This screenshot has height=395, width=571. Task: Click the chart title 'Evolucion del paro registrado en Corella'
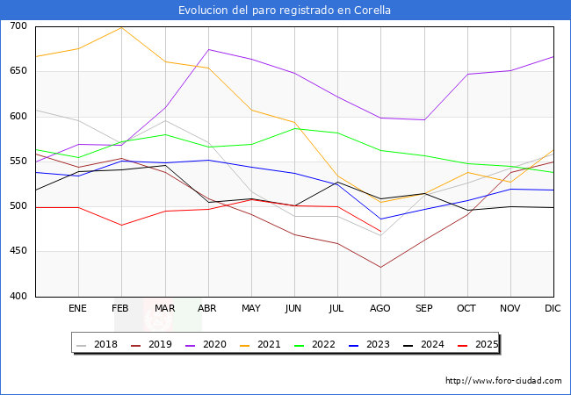(x=285, y=11)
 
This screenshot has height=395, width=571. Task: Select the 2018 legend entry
(x=98, y=344)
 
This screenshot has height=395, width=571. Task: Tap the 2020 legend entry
(x=206, y=344)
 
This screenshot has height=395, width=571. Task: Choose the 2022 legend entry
(x=314, y=344)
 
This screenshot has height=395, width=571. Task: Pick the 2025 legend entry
(x=478, y=344)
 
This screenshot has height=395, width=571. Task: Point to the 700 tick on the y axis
(x=18, y=25)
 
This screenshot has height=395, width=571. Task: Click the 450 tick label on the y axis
(x=18, y=250)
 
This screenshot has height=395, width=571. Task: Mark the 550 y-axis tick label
(x=18, y=161)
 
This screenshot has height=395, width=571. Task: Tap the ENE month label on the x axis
(x=77, y=308)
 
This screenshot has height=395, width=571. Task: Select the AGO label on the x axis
(x=380, y=308)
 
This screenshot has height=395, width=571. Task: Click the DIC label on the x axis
(x=553, y=308)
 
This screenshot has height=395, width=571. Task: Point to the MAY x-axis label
(x=251, y=308)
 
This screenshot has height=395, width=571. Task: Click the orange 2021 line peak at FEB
(x=121, y=27)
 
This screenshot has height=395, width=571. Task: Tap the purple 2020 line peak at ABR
(x=209, y=49)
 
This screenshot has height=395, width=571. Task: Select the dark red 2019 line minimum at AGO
(x=380, y=268)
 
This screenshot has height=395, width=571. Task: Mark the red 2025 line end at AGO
(x=380, y=232)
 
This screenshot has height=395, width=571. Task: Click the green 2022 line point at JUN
(x=294, y=128)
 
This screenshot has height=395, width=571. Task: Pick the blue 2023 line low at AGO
(x=380, y=219)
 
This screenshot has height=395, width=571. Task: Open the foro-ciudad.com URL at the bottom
(x=503, y=381)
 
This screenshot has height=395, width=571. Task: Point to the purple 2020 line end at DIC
(x=553, y=57)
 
